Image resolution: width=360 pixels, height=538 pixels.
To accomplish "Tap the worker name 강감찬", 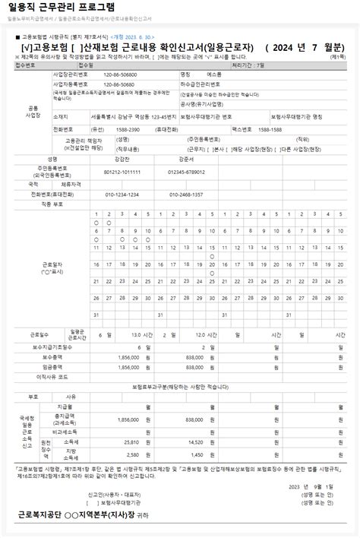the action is [x=122, y=160].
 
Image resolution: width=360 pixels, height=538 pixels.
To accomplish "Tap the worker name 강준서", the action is [x=185, y=160].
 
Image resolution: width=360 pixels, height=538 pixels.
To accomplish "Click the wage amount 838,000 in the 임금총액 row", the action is [x=194, y=366].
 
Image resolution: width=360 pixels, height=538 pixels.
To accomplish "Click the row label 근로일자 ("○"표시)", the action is [x=52, y=268].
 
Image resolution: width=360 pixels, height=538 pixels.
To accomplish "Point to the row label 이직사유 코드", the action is [x=52, y=376].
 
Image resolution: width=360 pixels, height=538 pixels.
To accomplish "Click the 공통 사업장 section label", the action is [x=32, y=112].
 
